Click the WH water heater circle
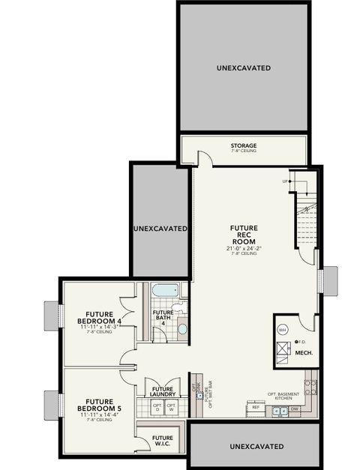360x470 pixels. click(x=283, y=329)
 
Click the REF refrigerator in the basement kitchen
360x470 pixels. click(x=256, y=408)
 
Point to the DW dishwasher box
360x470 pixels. click(x=295, y=409)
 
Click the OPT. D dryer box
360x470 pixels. click(x=157, y=407)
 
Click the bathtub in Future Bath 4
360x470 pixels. click(x=164, y=290)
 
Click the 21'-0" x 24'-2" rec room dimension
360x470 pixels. click(x=244, y=247)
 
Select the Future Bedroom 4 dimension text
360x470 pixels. click(x=104, y=327)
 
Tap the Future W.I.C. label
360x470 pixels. click(x=163, y=441)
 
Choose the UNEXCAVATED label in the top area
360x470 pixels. click(x=244, y=68)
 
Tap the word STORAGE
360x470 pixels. click(x=244, y=145)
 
